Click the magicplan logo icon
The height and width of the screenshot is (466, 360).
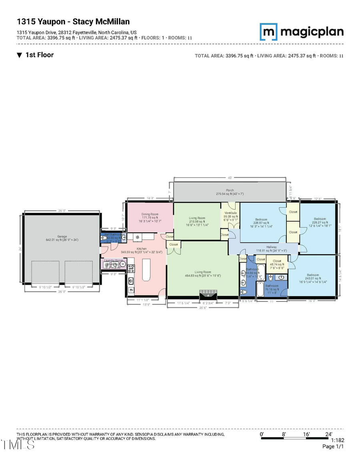click(x=268, y=31)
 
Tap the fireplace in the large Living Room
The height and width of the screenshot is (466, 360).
click(x=208, y=294)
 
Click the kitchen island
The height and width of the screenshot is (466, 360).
click(x=144, y=271)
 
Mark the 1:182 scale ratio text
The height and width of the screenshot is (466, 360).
click(x=336, y=440)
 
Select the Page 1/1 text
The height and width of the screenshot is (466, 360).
click(x=333, y=446)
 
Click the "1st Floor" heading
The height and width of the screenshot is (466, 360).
click(x=39, y=55)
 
